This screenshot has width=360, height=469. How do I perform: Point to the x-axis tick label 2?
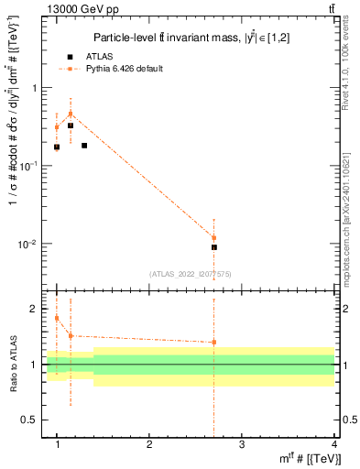pyautogui.click(x=149, y=443)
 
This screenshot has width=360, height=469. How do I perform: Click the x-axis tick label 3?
pyautogui.click(x=242, y=443)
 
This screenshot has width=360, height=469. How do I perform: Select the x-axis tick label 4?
pyautogui.click(x=334, y=443)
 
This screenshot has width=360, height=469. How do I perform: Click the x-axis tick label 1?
pyautogui.click(x=57, y=443)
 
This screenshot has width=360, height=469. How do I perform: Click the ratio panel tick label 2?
pyautogui.click(x=38, y=309)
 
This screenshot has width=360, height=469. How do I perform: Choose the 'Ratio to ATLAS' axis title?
pyautogui.click(x=12, y=365)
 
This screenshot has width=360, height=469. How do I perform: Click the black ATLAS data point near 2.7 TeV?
pyautogui.click(x=214, y=247)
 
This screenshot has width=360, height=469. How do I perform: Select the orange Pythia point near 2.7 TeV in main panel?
pyautogui.click(x=214, y=238)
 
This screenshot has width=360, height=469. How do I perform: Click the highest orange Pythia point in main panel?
pyautogui.click(x=71, y=115)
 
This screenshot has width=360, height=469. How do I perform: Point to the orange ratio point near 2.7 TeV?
pyautogui.click(x=214, y=343)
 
